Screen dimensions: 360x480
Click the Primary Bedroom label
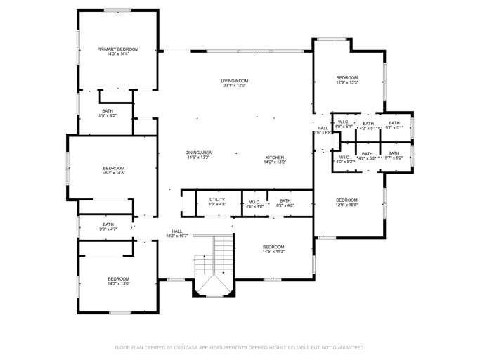click(118, 49)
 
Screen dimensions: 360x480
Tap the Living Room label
click(235, 81)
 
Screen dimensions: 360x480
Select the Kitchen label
click(274, 157)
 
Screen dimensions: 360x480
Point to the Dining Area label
click(199, 153)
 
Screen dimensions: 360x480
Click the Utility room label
click(217, 200)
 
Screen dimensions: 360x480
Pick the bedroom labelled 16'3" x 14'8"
click(114, 168)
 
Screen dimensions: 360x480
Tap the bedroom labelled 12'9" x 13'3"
click(347, 77)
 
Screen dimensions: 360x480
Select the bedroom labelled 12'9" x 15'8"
click(346, 200)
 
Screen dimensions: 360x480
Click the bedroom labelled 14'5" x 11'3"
click(273, 247)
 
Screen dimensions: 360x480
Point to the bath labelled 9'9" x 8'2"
click(108, 110)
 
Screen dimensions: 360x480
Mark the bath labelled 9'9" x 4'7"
click(108, 224)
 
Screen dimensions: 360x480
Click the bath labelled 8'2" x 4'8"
click(285, 201)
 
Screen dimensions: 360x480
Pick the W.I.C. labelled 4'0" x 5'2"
click(344, 157)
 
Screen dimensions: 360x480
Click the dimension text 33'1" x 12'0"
click(235, 86)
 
